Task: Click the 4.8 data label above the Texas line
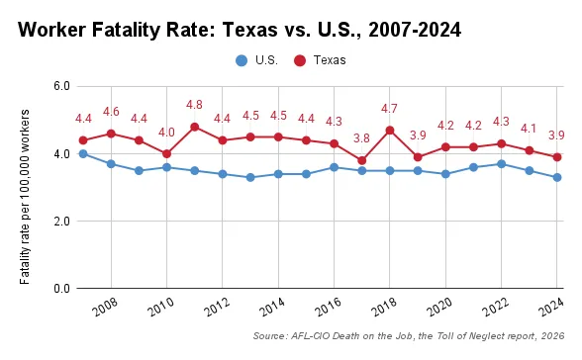click(x=194, y=105)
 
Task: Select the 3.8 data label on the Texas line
click(x=362, y=138)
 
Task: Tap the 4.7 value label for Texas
click(x=390, y=109)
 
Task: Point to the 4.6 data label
click(x=111, y=112)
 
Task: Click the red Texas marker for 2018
click(x=390, y=130)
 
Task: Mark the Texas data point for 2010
click(x=166, y=153)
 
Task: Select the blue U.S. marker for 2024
click(x=557, y=177)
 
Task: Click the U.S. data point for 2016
click(x=335, y=167)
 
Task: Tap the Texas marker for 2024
click(x=557, y=157)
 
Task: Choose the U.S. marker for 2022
click(x=502, y=164)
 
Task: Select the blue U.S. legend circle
click(x=241, y=60)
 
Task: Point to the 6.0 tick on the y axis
click(x=59, y=86)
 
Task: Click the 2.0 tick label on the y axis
click(x=59, y=222)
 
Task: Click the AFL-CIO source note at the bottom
click(x=408, y=337)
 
